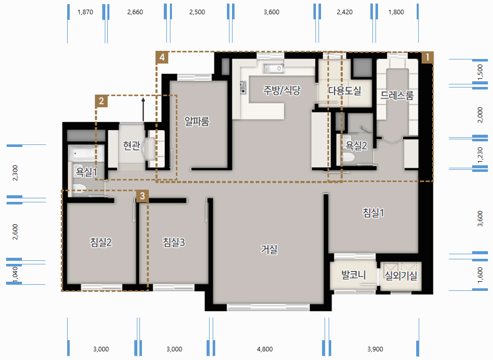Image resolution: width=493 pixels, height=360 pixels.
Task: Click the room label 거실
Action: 269,250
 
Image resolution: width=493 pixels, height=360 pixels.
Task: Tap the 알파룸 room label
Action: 197,121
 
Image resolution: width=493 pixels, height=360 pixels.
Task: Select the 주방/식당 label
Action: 282,90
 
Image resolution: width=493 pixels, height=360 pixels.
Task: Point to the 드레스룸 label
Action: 397,95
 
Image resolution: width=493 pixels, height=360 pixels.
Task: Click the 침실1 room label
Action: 373,213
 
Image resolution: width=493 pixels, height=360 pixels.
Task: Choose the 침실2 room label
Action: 101,242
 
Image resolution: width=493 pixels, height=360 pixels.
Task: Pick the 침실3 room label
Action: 173,242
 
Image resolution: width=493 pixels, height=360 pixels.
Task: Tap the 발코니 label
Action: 354,275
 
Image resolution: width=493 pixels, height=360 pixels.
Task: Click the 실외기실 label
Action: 401,276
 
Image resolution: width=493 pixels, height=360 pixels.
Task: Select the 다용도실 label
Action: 344,91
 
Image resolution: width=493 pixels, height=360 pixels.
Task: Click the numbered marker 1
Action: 427,57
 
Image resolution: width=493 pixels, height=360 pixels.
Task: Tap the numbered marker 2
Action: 101,101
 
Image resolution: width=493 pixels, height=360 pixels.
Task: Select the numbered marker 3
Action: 142,196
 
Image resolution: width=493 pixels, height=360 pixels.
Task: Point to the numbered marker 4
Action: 162,57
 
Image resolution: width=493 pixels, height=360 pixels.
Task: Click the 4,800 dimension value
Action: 265,349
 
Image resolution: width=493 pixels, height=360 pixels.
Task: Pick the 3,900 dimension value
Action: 375,349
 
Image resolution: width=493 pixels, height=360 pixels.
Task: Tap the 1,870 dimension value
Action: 85,12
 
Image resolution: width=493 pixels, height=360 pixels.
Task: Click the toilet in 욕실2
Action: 347,157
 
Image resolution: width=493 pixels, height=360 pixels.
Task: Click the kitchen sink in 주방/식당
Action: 274,68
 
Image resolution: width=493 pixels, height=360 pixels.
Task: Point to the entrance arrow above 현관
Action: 143,110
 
